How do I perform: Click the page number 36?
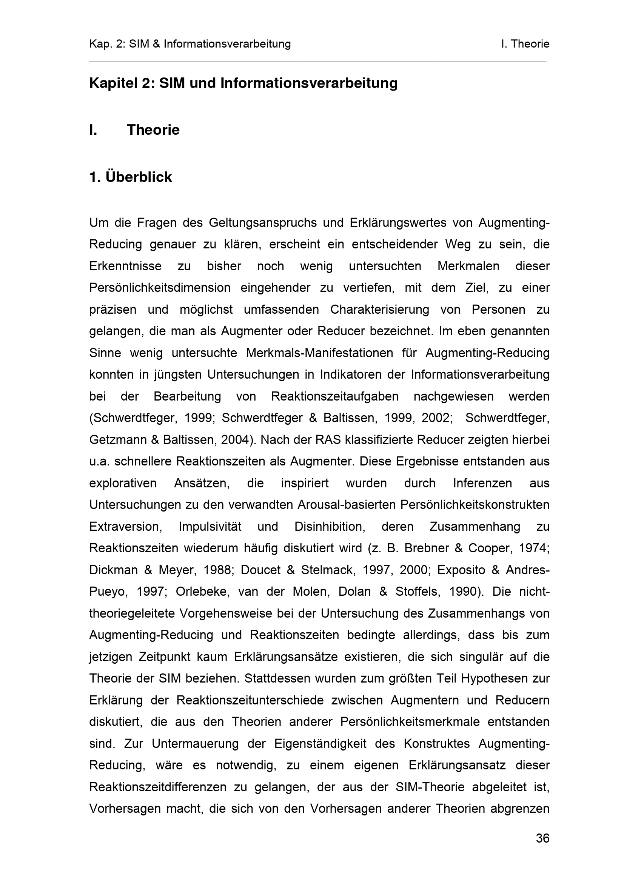point(542,838)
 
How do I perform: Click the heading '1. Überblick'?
point(131,177)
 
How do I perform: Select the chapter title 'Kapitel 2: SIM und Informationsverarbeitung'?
point(243,83)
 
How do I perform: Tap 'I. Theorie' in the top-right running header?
point(525,44)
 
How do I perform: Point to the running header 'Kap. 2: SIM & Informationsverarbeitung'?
point(190,44)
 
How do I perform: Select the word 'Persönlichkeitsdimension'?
point(160,288)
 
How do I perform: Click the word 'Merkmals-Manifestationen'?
point(319,353)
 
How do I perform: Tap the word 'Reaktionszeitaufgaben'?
point(335,396)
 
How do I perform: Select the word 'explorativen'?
point(123,483)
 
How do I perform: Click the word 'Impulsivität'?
point(210,527)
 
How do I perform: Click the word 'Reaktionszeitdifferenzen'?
point(158,787)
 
